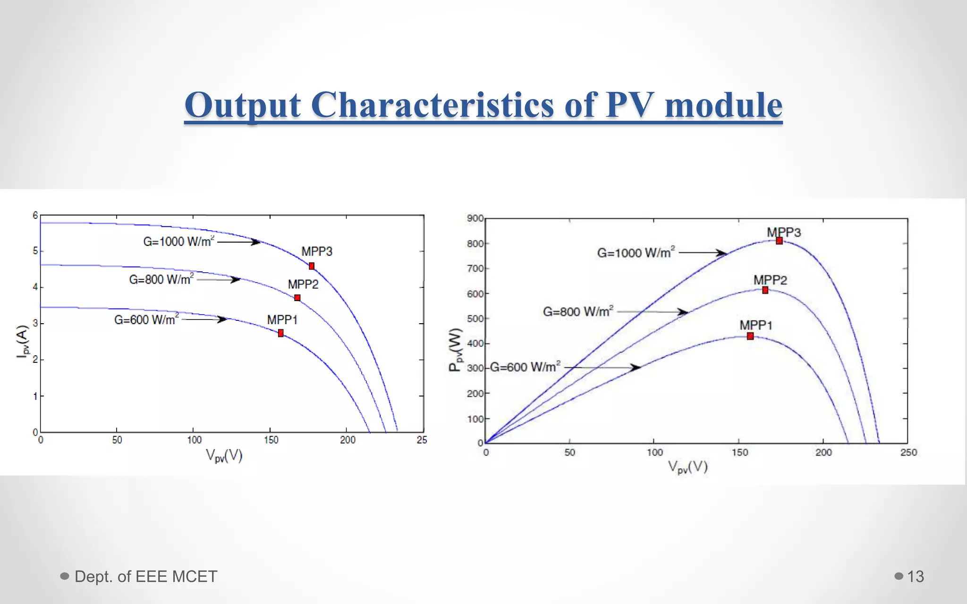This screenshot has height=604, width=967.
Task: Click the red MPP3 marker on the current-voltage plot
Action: pos(312,266)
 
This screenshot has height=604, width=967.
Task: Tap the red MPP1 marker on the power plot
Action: pos(750,336)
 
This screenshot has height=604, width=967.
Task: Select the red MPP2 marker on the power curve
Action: pos(765,290)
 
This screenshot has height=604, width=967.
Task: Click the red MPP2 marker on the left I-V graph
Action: pos(297,298)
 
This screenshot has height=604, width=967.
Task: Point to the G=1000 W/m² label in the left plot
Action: pos(178,242)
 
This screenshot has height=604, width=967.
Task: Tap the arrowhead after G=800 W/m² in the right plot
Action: pos(683,312)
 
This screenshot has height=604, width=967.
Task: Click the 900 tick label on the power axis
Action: pos(475,218)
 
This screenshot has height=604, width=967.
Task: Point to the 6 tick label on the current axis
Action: pos(35,216)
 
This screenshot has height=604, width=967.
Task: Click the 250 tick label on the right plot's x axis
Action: pos(908,453)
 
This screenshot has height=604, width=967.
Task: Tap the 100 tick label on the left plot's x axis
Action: pos(194,440)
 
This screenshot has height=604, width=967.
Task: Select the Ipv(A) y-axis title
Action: pos(22,341)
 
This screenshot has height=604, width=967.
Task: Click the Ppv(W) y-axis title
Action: pos(455,350)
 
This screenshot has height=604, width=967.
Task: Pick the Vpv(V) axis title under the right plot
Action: pos(687,468)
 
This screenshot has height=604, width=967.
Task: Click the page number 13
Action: pos(915,576)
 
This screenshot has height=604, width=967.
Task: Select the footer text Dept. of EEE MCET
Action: pos(145,576)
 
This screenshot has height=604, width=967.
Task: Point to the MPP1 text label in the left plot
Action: pos(282,320)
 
